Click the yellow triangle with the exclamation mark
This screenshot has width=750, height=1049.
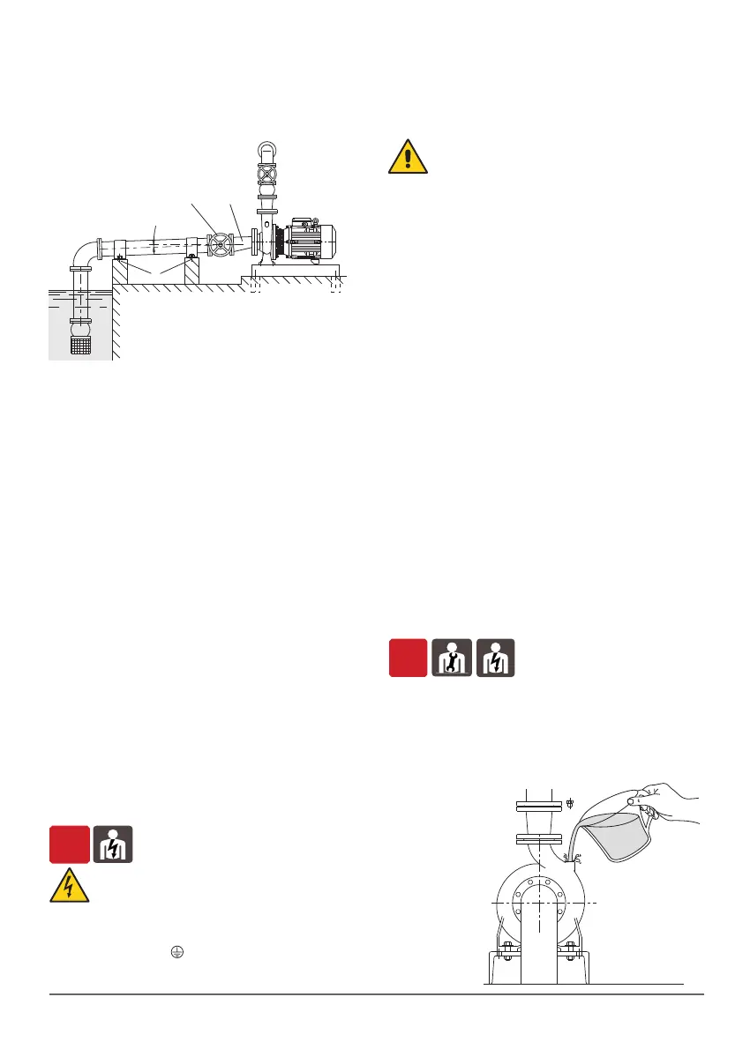(408, 156)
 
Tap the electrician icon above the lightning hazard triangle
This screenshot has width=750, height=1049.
(113, 844)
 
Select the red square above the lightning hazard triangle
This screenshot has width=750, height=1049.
(69, 844)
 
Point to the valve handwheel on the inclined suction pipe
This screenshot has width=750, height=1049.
(219, 244)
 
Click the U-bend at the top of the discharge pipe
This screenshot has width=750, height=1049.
(266, 149)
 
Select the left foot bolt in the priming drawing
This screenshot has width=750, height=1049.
(507, 949)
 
